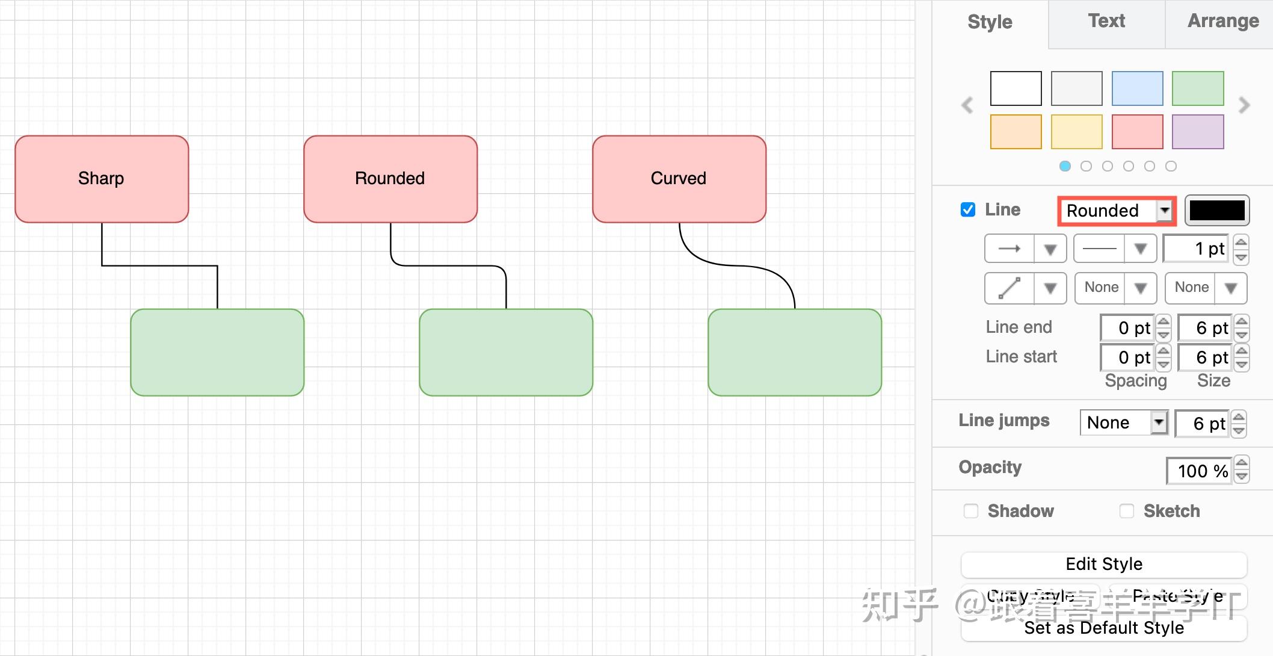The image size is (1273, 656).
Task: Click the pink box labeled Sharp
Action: (x=102, y=179)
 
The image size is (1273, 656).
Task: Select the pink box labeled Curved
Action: (x=679, y=179)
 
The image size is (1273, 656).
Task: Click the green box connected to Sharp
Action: (x=217, y=352)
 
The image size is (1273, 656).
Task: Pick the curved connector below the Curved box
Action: (x=739, y=265)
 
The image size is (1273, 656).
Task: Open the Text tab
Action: (x=1106, y=22)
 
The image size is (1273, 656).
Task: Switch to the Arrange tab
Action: (x=1222, y=22)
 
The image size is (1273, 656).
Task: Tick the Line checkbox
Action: (x=968, y=209)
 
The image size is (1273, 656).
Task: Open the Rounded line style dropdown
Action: (x=1117, y=211)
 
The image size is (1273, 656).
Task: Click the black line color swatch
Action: (x=1216, y=211)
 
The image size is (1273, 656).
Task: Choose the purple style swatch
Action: (x=1198, y=132)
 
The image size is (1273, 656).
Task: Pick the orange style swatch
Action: (x=1016, y=132)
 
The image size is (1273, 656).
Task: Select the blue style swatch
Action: (x=1137, y=88)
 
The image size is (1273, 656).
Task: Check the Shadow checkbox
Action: (x=971, y=511)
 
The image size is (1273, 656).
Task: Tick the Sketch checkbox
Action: (x=1126, y=511)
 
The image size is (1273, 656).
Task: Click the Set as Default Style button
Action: (x=1103, y=628)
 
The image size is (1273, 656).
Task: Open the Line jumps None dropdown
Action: (x=1123, y=422)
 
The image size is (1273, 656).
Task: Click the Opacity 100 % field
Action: (x=1200, y=471)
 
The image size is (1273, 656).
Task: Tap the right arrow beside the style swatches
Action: (x=1244, y=105)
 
